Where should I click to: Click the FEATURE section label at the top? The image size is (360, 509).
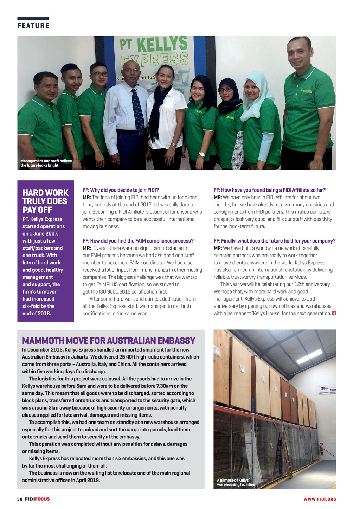point(33,26)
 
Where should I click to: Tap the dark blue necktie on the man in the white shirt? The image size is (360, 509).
point(137,109)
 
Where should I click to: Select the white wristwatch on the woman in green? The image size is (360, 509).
point(202,154)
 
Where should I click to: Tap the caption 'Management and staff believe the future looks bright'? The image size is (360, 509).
point(46,163)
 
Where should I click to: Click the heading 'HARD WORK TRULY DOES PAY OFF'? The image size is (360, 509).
point(45,201)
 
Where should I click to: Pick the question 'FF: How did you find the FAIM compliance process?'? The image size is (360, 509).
point(138,241)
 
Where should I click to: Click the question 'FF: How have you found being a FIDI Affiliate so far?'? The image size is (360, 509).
point(270,190)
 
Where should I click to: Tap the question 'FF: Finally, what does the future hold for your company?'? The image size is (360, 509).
point(275,241)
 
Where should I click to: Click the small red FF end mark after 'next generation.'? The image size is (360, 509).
point(334,313)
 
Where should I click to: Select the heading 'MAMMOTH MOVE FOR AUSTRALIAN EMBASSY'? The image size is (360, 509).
point(109,341)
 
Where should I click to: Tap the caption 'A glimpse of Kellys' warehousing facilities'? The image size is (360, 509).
point(236,482)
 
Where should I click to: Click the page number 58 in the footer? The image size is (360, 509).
point(20,499)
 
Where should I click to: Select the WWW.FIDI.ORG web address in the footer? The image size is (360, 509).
point(320,499)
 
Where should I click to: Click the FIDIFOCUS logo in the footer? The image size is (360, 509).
point(37,499)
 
